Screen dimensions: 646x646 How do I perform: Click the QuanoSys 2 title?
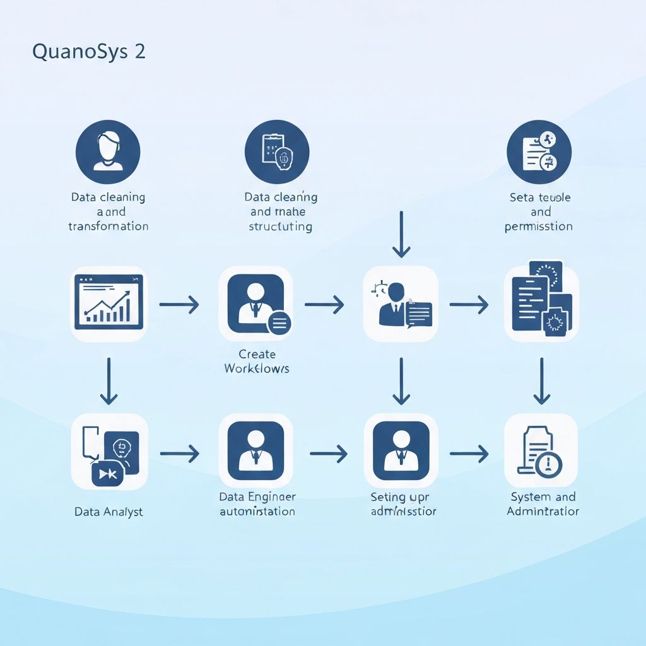pos(89,52)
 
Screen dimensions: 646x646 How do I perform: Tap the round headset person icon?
pos(108,152)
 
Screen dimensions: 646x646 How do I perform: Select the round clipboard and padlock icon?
pos(277,152)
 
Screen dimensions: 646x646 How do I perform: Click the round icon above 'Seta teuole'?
pos(539,152)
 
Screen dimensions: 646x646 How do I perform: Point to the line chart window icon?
pos(109,303)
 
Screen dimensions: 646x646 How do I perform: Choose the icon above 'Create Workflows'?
pos(255,303)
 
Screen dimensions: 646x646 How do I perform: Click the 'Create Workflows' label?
pos(257,361)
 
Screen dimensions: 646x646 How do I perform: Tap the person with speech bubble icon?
pos(401,303)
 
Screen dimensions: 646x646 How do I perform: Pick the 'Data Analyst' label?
pos(109,512)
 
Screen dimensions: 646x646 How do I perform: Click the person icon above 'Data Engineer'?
pos(255,451)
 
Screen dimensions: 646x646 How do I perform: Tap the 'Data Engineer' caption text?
pos(257,497)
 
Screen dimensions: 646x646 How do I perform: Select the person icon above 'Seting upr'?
pos(401,451)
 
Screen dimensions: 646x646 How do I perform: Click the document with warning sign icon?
pos(541,451)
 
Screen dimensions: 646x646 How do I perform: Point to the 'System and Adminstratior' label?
pos(543,504)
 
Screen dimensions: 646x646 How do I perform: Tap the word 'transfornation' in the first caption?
pos(109,226)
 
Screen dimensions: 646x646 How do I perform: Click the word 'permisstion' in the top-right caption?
pos(539,226)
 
